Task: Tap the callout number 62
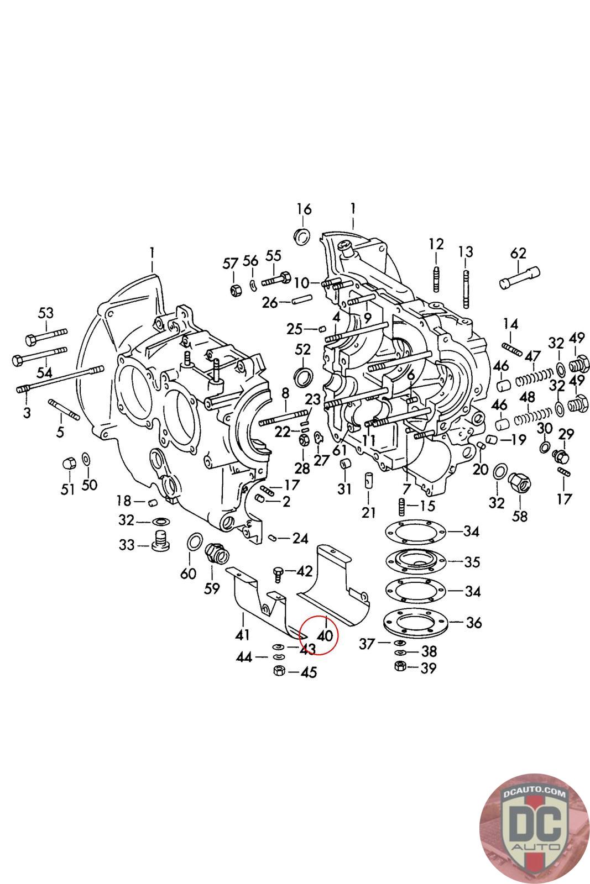[518, 253]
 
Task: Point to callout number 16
[304, 209]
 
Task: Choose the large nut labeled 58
[520, 481]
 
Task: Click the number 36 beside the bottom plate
[474, 622]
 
